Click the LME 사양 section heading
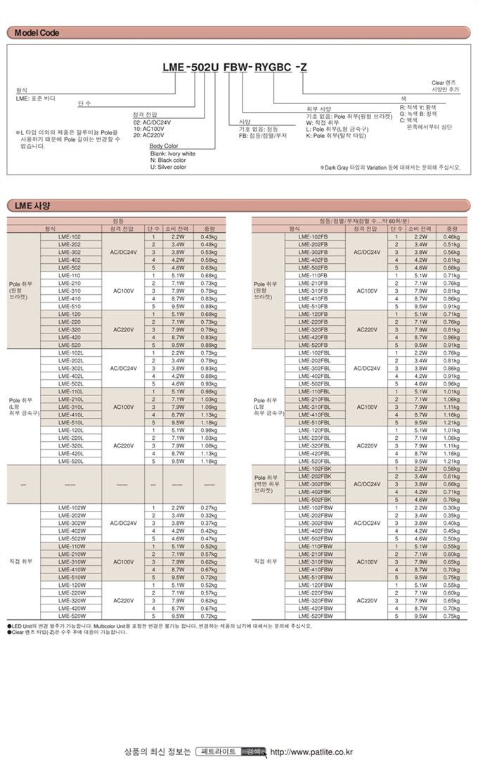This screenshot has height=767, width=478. point(32,205)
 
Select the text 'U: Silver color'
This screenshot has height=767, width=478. point(168,167)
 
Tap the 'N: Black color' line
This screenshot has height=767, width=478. point(168,160)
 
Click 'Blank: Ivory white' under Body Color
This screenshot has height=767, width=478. point(173,153)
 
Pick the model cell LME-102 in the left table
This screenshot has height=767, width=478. point(70,237)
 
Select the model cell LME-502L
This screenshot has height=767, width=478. point(72,383)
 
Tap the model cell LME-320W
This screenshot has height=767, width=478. point(72,600)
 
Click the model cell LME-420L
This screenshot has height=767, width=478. point(72,453)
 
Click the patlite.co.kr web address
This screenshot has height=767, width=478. point(311,752)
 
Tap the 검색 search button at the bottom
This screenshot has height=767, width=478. point(253,752)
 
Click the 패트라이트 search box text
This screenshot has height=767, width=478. point(219,752)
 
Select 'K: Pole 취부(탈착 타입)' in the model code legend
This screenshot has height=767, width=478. point(334,134)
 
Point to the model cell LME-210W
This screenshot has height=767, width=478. point(72,554)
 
